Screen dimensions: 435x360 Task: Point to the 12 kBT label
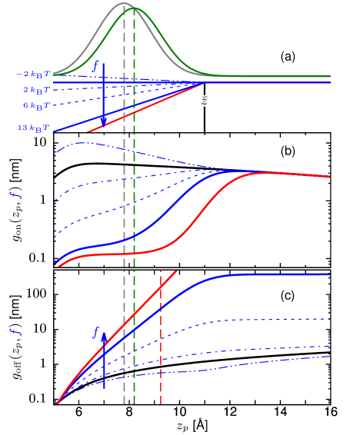[x=34, y=128]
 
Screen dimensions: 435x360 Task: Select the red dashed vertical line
[x=160, y=338]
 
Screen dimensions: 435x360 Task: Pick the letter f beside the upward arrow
[x=95, y=332]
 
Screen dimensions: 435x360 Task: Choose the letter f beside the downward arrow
[x=95, y=67]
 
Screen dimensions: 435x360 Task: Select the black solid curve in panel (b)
[x=154, y=165]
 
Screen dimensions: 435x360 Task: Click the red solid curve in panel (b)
[x=192, y=223]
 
